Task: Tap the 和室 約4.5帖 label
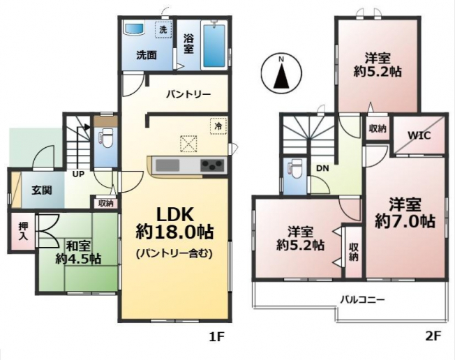78,253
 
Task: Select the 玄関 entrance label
42,190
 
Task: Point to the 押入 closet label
22,231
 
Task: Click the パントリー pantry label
188,94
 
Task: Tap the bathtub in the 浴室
214,47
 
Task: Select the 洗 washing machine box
163,29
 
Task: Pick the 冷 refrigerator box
218,126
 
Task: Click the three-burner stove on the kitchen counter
212,166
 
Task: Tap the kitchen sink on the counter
167,166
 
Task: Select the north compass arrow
281,76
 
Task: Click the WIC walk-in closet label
419,135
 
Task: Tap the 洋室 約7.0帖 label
405,213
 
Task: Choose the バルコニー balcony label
363,299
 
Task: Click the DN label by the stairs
322,168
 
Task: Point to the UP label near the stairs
78,174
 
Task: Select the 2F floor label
433,336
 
